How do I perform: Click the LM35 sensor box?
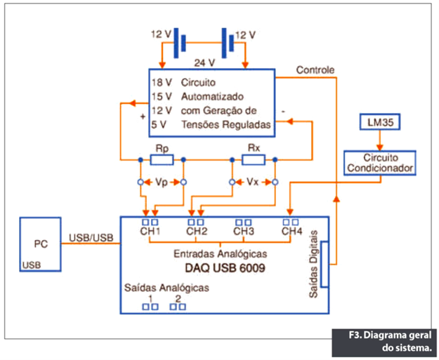click(x=379, y=122)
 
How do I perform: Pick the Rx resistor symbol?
click(x=253, y=160)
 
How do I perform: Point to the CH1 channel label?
click(x=150, y=232)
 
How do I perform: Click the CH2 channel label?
click(x=197, y=232)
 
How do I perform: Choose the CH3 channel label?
click(x=243, y=232)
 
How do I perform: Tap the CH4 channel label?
click(x=291, y=232)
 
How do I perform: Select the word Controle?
click(x=315, y=70)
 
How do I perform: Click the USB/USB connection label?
click(x=91, y=237)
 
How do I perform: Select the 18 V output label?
click(x=159, y=82)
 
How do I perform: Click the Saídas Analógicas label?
click(x=166, y=288)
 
